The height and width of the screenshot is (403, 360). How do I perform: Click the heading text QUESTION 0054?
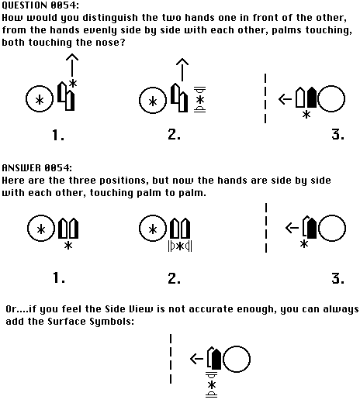coord(40,5)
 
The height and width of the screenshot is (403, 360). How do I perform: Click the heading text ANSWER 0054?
coord(37,168)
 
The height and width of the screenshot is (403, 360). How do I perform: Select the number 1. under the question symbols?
coord(58,135)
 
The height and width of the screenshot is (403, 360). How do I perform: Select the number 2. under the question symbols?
coord(174,134)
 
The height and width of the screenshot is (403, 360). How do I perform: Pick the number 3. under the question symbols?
coord(338,134)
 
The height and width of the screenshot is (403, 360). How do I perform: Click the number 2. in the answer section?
coord(174,278)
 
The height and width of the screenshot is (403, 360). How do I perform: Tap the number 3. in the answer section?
coord(338,278)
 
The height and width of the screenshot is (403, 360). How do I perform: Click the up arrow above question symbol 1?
coord(72,65)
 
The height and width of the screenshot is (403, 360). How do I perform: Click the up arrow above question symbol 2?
coord(182,70)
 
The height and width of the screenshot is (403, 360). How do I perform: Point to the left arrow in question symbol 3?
coord(285,99)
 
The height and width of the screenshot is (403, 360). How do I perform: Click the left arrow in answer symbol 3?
coord(292,228)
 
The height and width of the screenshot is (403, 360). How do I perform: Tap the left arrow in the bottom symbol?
coord(196,359)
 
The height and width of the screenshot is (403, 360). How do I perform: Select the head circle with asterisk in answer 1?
coord(41,215)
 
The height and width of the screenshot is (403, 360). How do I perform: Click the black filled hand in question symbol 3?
coord(312,98)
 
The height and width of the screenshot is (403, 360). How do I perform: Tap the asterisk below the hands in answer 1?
coord(68,246)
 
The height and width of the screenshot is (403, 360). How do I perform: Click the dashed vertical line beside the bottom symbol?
coord(171,359)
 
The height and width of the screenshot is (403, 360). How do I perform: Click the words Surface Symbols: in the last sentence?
coord(91,322)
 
